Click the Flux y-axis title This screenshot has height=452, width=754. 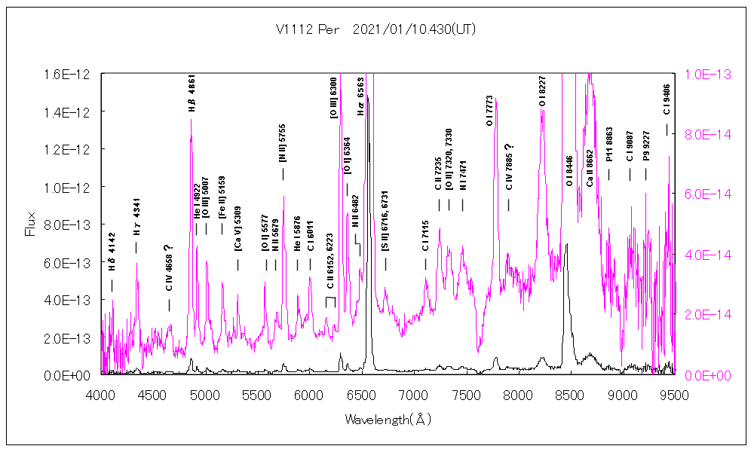coord(31,224)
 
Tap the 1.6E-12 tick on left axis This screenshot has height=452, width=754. coord(77,74)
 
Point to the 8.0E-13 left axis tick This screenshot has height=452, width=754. coord(77,224)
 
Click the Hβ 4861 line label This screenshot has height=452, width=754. coord(192,94)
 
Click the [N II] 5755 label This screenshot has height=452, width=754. coord(283,143)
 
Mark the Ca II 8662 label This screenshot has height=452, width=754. coord(590,167)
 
